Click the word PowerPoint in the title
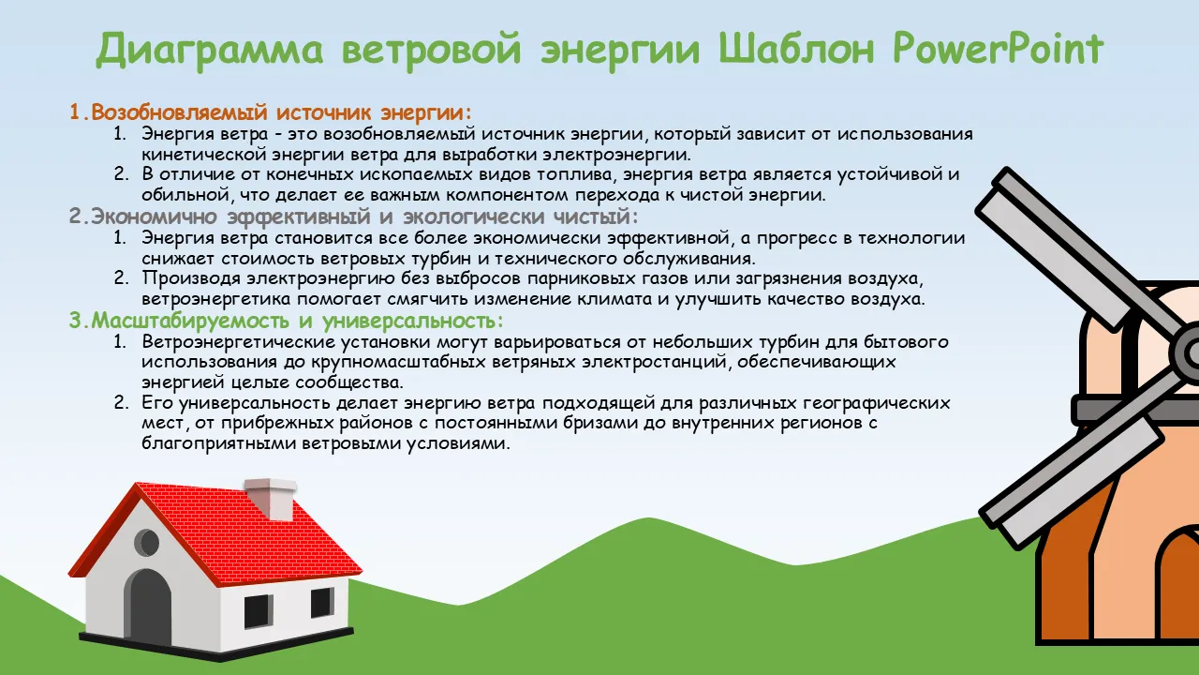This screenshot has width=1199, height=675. tap(998, 50)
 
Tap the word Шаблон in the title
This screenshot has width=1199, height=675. tap(796, 50)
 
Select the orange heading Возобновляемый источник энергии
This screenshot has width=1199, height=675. tap(272, 112)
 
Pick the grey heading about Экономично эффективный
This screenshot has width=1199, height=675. tap(354, 217)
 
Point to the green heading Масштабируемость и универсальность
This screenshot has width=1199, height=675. tap(287, 321)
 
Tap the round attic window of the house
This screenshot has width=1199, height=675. tap(146, 542)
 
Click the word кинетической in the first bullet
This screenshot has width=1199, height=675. tap(204, 155)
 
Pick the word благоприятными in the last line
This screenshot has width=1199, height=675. tap(218, 443)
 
